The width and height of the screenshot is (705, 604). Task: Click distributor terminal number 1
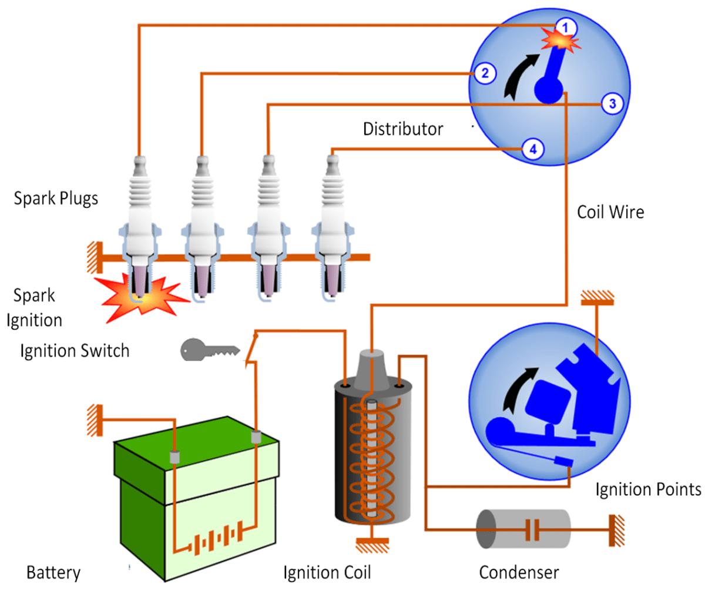565,28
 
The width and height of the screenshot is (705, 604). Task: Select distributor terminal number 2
485,73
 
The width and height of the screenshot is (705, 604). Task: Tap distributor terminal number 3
612,104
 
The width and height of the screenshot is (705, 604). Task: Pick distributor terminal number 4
533,149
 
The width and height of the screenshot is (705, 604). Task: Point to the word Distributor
403,129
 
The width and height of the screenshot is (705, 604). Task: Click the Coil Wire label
610,212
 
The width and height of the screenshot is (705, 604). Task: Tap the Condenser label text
519,572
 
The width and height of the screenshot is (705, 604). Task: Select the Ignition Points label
648,489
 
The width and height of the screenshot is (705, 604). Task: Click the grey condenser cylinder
523,529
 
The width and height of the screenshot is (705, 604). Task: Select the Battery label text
53,572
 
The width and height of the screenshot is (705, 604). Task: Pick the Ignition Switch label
75,351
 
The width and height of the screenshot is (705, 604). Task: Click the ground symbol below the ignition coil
372,544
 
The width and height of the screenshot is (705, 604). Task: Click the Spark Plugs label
56,198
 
